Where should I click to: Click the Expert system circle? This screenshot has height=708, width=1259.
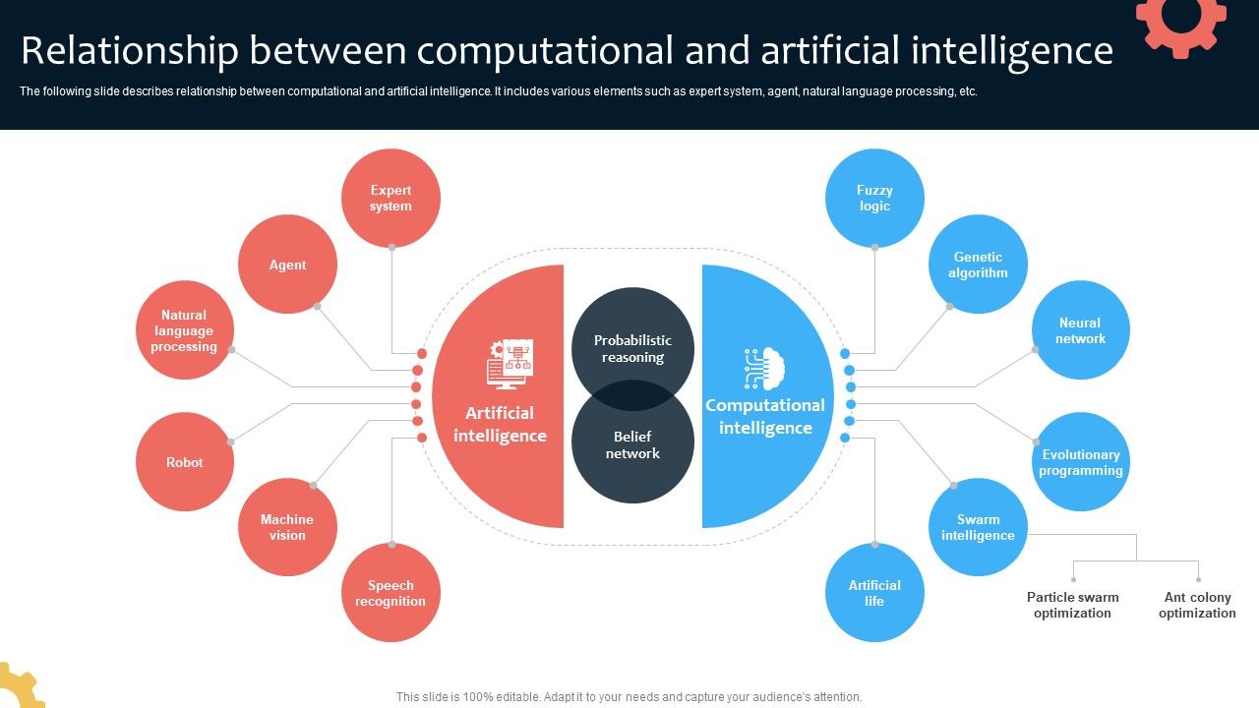[x=390, y=198]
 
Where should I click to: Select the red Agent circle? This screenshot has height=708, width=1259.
[x=287, y=265]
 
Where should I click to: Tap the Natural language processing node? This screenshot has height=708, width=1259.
[x=184, y=330]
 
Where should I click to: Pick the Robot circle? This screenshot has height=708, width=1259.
[x=184, y=462]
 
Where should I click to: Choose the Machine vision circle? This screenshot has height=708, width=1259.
[x=287, y=527]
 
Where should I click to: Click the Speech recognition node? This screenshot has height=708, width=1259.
[x=390, y=593]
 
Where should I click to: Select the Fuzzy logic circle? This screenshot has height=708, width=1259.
[x=874, y=198]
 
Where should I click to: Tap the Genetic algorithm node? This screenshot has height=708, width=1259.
[x=978, y=265]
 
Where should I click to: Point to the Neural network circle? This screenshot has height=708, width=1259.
[x=1080, y=330]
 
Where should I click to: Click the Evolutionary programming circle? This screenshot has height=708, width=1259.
[x=1080, y=462]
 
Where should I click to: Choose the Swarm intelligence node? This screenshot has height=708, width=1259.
[x=978, y=527]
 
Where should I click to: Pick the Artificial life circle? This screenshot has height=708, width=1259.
[x=874, y=593]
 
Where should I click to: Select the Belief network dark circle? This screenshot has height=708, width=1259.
[x=632, y=451]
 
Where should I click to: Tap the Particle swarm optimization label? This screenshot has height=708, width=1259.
[x=1072, y=605]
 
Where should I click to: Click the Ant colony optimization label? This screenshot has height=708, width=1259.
[x=1197, y=605]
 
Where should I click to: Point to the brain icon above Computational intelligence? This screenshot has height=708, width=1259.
[x=764, y=369]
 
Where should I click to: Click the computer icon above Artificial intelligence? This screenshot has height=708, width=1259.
[x=509, y=364]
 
